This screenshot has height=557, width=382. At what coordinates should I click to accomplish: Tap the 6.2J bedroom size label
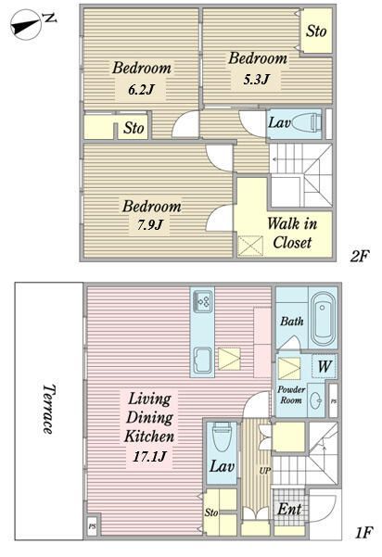142,89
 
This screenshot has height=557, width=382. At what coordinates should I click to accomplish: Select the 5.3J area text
256,79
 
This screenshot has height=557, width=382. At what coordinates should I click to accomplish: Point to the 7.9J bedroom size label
150,224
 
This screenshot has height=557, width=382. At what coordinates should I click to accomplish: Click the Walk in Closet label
292,233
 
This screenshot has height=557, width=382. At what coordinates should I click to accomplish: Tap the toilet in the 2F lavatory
305,122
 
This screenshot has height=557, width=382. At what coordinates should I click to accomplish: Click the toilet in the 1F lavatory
222,437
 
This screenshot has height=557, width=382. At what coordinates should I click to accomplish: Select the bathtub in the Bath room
323,316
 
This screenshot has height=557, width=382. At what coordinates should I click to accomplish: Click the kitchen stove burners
203,302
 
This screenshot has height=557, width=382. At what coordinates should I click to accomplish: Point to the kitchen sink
203,361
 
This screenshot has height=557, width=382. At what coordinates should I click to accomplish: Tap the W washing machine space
325,366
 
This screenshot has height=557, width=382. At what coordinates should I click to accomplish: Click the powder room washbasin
315,401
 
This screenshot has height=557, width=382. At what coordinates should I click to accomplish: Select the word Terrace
48,409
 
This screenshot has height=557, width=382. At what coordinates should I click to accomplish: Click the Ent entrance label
290,510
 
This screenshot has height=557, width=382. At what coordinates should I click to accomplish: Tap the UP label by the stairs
265,471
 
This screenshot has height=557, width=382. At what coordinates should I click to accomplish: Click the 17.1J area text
149,456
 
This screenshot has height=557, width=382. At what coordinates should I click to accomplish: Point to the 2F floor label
360,256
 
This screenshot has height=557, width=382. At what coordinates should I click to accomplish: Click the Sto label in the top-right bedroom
316,31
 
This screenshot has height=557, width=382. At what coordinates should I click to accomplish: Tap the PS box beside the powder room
333,401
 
